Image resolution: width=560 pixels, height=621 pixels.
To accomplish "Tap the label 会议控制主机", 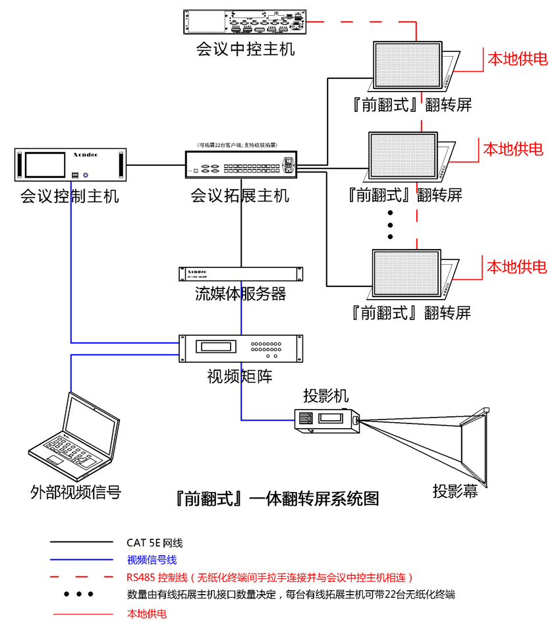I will [70, 196].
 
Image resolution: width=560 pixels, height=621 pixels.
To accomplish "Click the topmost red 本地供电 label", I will [517, 59].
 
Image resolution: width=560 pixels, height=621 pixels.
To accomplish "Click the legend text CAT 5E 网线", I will [155, 543].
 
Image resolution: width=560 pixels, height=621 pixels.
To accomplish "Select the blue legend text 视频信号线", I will [152, 560].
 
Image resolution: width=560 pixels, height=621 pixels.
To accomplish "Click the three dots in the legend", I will [79, 594].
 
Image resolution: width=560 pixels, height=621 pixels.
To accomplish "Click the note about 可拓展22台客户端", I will [237, 145].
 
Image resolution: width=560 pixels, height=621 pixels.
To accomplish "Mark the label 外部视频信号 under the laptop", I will [76, 492].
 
